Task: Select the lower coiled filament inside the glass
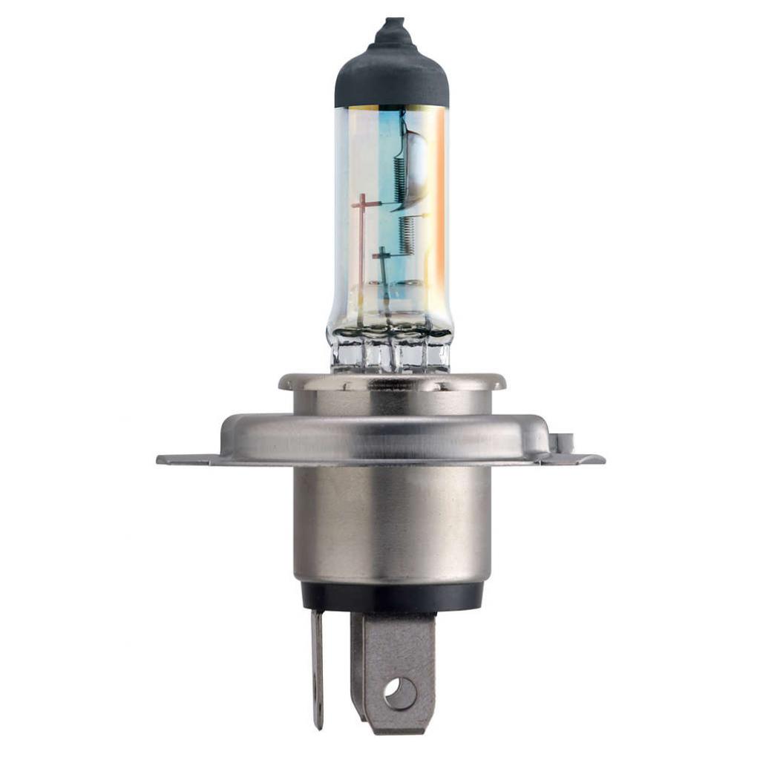coord(405,235)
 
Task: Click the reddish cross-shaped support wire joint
coord(361,203)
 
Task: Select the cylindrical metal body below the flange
coord(391,527)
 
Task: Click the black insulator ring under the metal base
coord(391,595)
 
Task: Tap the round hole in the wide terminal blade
coord(399,693)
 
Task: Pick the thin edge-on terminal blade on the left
coord(318,668)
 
